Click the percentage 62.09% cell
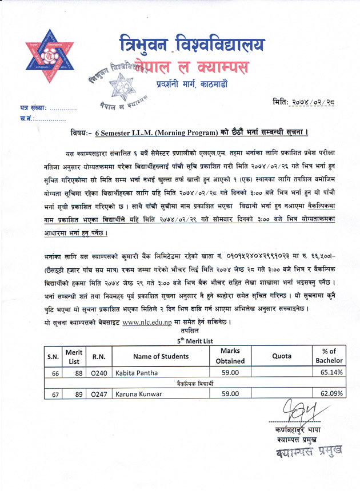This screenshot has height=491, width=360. click(x=331, y=393)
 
